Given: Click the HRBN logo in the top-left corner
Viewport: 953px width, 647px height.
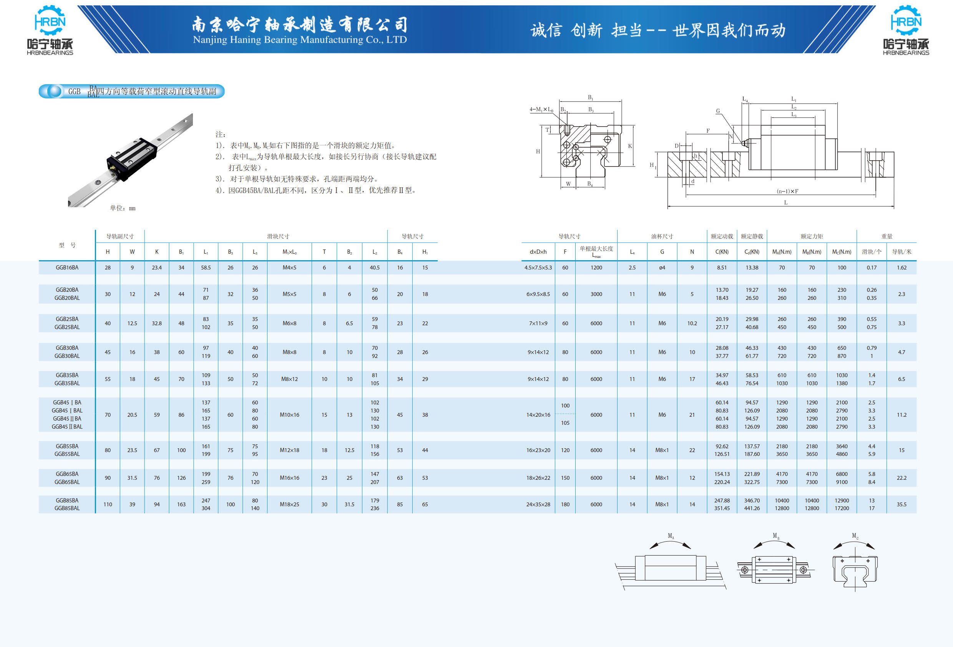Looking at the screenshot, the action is pos(50,30).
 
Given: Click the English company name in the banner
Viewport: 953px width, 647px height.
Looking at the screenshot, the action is pos(300,40).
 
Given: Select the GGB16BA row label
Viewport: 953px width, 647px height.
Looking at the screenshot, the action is pos(67,268).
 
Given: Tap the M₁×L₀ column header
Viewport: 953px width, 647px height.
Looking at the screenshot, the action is pos(289,252).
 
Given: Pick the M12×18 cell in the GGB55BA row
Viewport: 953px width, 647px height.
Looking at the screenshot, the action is pos(289,450).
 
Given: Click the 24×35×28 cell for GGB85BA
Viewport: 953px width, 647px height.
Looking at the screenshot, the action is pos(538,504).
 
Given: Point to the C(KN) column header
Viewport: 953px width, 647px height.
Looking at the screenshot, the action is pos(722,252).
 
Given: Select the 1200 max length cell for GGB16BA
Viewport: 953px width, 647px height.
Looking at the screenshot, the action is pos(596,268).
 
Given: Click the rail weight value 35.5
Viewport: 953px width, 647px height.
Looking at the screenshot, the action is pos(902,504).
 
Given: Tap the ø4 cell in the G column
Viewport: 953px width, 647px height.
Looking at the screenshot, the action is pos(662,268).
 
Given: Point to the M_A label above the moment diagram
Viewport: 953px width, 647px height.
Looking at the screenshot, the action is pos(671,536).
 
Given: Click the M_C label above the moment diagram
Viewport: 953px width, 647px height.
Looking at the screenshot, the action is pos(855,536).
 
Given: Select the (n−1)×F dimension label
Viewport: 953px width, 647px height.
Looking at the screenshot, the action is pos(787,191).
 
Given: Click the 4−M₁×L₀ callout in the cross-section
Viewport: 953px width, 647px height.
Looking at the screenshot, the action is pos(541,110).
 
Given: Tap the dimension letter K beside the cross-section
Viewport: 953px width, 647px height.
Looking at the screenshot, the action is pos(630,146).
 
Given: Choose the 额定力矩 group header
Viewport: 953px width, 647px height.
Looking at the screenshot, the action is pos(812,236).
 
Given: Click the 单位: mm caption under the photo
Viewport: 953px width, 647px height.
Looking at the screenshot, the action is pos(123,208).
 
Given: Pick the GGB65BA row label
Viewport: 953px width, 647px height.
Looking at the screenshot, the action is pos(67,474).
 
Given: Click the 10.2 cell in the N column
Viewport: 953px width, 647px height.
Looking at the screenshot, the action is pos(692,323).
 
